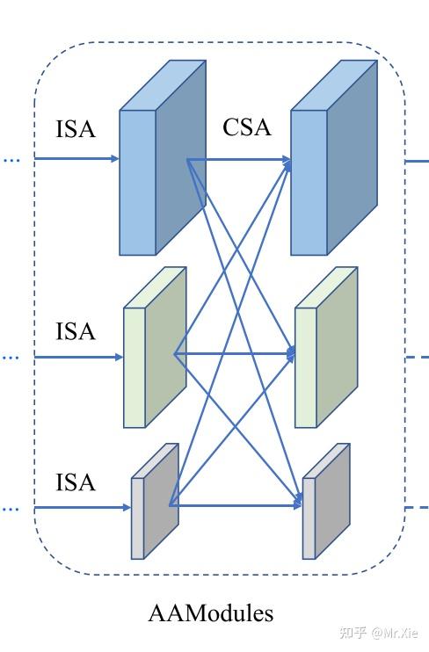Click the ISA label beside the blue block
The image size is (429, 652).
(x=76, y=129)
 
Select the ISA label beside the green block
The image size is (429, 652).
(x=76, y=331)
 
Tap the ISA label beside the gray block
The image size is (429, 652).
(x=76, y=482)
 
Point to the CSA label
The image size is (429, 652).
(x=247, y=127)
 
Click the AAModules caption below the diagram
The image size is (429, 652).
(x=211, y=612)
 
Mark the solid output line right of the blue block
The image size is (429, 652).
(x=418, y=161)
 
